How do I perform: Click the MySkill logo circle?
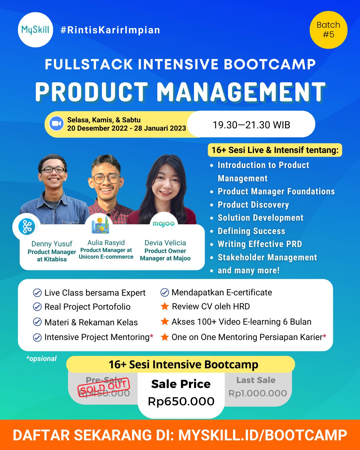tap(35, 30)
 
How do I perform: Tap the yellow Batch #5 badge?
tap(328, 30)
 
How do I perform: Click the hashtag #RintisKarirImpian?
tap(110, 30)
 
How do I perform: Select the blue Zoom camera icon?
tap(56, 124)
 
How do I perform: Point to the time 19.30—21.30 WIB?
tap(251, 125)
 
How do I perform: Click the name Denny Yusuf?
tap(52, 244)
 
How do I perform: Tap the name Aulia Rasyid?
tap(106, 243)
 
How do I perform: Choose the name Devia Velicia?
tap(165, 243)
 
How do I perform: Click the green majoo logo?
tap(164, 224)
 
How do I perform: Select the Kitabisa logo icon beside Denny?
tap(27, 227)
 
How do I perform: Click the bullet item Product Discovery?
tap(253, 205)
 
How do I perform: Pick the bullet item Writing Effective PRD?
tap(260, 244)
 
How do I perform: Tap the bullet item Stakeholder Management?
tap(267, 257)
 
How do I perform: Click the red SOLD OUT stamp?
tap(104, 387)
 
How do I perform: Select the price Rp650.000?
tap(181, 401)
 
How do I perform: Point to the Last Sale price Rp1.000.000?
tap(258, 393)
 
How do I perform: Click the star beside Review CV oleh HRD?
tap(165, 306)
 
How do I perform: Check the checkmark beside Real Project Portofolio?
tap(37, 307)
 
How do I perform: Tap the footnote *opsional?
tap(41, 359)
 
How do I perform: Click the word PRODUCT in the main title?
tap(92, 92)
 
